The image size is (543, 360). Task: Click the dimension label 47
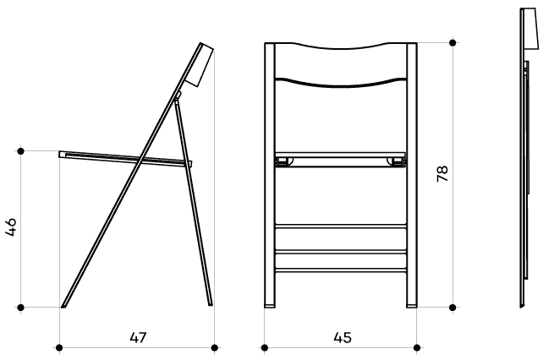pyautogui.click(x=138, y=337)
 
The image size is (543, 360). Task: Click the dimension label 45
pyautogui.click(x=343, y=337)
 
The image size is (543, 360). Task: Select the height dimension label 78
pyautogui.click(x=442, y=174)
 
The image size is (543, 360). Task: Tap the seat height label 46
pyautogui.click(x=11, y=227)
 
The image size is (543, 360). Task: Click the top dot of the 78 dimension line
pyautogui.click(x=452, y=42)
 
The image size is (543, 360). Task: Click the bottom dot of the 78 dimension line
pyautogui.click(x=452, y=307)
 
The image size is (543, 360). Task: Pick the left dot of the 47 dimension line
pyautogui.click(x=59, y=347)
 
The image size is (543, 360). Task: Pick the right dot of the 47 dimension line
pyautogui.click(x=214, y=347)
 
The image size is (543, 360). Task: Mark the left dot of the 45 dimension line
pyautogui.click(x=265, y=347)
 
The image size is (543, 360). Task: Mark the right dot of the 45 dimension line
pyautogui.click(x=417, y=347)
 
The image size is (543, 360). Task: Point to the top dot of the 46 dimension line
pyautogui.click(x=21, y=151)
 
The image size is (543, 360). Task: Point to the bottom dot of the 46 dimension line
pyautogui.click(x=21, y=307)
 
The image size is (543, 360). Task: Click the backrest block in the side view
pyautogui.click(x=200, y=65)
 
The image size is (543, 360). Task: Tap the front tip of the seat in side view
pyautogui.click(x=61, y=155)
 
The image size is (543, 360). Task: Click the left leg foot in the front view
pyautogui.click(x=270, y=305)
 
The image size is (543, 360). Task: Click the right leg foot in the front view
pyautogui.click(x=412, y=305)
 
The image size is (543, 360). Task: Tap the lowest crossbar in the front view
pyautogui.click(x=341, y=270)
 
